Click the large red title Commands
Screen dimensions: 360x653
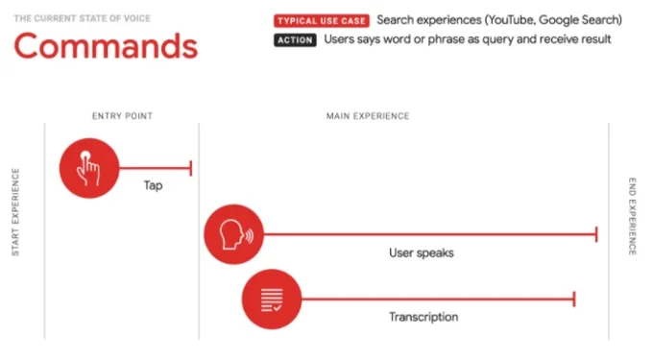106,45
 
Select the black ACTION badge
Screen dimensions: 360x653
295,40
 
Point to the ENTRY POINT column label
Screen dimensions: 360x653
122,116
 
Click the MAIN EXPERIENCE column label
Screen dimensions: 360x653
368,116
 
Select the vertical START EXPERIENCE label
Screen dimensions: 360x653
15,212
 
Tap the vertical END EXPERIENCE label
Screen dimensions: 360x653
632,216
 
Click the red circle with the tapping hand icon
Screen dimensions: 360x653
88,167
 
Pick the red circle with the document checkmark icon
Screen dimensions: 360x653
271,299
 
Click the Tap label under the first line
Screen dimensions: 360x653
153,185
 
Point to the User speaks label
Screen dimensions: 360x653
421,253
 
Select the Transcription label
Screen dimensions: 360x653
423,317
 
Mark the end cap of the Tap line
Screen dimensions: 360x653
191,168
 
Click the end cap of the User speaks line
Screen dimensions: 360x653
596,233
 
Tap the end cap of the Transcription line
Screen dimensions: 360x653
573,299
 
